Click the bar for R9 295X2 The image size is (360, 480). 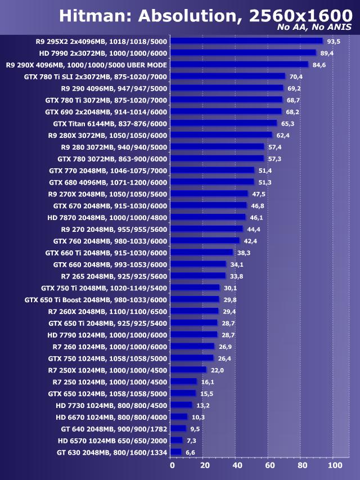pyautogui.click(x=246, y=41)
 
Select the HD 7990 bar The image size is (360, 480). pyautogui.click(x=243, y=53)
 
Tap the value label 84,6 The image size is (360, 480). pyautogui.click(x=319, y=65)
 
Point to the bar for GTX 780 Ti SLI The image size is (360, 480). pyautogui.click(x=227, y=76)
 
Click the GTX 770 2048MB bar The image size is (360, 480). pyautogui.click(x=212, y=171)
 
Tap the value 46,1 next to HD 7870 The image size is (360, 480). pyautogui.click(x=256, y=217)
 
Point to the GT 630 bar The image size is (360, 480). pyautogui.click(x=175, y=452)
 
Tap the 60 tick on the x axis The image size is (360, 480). pyautogui.click(x=269, y=465)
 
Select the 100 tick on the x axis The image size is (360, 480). pyautogui.click(x=334, y=465)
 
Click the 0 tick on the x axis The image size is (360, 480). pyautogui.click(x=172, y=465)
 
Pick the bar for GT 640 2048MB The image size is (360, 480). pyautogui.click(x=178, y=428)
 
